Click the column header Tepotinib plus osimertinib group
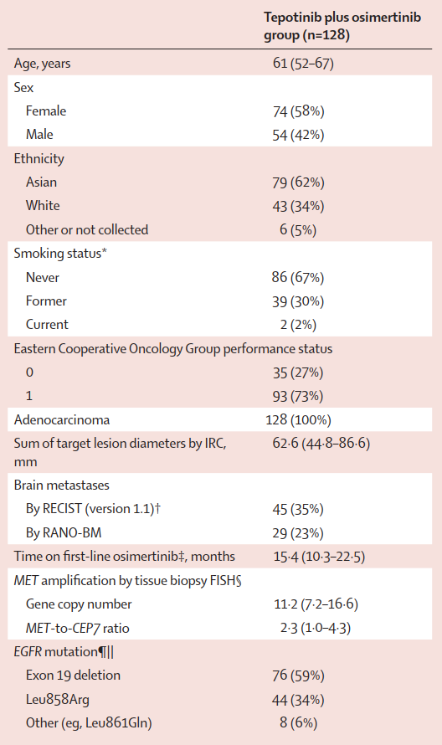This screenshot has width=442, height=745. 342,26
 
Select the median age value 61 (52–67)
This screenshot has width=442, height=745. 303,63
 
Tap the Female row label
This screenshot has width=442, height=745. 46,111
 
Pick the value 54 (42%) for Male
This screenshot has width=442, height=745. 298,135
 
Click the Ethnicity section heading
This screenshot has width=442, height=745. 39,159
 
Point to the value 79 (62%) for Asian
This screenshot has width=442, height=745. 298,182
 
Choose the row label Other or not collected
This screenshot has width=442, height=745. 87,230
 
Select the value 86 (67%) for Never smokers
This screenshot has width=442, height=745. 298,277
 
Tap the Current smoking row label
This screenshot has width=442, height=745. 47,325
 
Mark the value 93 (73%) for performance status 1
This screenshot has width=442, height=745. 298,396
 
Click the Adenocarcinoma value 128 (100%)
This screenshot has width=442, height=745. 299,420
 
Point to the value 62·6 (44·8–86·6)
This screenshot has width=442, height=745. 321,444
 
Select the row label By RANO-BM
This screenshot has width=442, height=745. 64,532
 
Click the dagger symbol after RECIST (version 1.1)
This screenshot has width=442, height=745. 157,508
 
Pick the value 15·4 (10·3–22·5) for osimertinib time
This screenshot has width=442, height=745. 320,557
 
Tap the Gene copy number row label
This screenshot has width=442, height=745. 79,604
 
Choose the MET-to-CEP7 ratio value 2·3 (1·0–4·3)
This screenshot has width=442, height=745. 316,628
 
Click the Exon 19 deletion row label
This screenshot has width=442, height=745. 73,676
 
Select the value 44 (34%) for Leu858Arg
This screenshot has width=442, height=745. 299,700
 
